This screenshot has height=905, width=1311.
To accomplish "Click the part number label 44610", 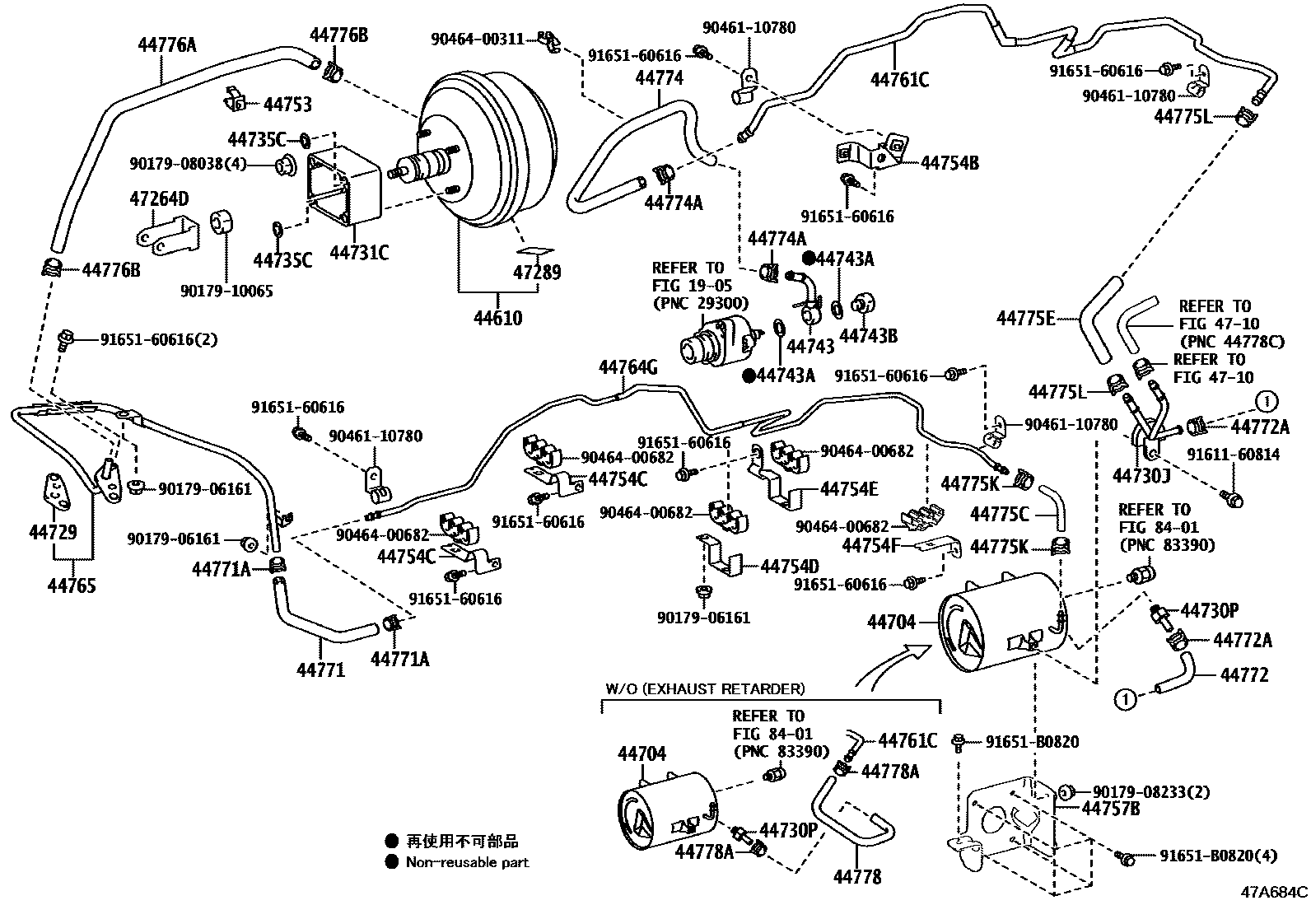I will (497, 318).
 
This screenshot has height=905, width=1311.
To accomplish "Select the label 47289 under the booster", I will (537, 272).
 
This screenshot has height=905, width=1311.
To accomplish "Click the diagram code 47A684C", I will (1274, 891).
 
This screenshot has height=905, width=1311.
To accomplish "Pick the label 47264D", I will (159, 198).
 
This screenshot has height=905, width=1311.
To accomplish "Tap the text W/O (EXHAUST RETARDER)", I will (705, 688).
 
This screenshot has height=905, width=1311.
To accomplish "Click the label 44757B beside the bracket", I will (1111, 809).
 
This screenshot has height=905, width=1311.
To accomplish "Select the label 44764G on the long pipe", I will (628, 367).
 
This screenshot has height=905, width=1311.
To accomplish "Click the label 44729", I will (53, 532).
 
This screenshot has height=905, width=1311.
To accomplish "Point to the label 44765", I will (71, 585).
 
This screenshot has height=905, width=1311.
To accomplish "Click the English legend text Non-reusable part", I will (467, 862).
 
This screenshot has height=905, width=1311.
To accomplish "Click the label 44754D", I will (790, 567).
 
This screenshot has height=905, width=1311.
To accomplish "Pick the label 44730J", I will (1141, 475).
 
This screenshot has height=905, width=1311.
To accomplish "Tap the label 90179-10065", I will (226, 291).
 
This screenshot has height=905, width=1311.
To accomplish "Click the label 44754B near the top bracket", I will (949, 163).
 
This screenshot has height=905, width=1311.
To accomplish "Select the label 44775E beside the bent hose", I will (1025, 317).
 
